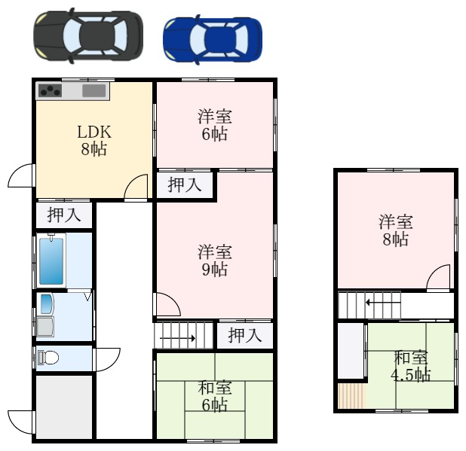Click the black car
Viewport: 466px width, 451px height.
tap(88, 36)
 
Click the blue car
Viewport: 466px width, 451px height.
tap(213, 39)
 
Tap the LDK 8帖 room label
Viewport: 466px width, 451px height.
tap(94, 140)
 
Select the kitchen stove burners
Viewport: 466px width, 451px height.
tap(51, 90)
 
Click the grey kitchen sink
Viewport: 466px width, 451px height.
tap(94, 90)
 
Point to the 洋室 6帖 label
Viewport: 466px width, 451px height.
tap(215, 125)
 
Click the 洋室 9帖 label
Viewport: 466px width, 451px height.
tap(215, 261)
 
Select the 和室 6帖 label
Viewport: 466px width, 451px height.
tap(215, 396)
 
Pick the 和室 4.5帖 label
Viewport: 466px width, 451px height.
tap(410, 366)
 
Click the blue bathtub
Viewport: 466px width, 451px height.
tap(51, 261)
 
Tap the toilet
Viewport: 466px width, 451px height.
tap(48, 358)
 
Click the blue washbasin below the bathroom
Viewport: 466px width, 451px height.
tap(46, 304)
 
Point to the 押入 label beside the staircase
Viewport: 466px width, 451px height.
tap(245, 336)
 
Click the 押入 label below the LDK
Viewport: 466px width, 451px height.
tap(64, 215)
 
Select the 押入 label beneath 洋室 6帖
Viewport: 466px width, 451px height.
tap(185, 184)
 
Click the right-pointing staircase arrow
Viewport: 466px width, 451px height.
tap(177, 338)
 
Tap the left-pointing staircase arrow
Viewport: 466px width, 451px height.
tap(383, 303)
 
